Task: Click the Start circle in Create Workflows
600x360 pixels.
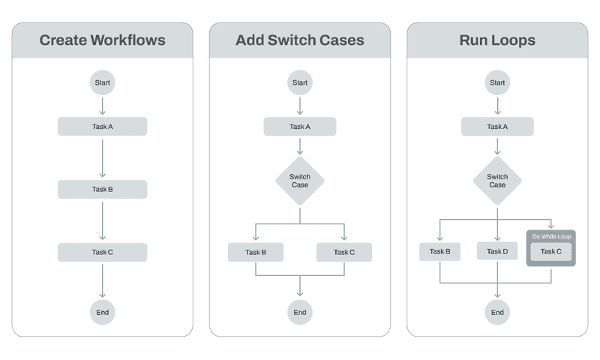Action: (x=102, y=82)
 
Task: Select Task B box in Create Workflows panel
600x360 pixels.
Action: (x=102, y=190)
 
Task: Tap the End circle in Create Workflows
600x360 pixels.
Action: (x=102, y=312)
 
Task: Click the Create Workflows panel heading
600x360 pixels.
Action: (x=102, y=40)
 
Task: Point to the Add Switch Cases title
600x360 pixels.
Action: (x=299, y=40)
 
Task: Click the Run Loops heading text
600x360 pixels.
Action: (x=497, y=40)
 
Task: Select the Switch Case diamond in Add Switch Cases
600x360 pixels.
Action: (x=299, y=181)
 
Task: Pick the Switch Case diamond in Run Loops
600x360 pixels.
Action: (x=497, y=181)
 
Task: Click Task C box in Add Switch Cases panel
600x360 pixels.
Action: (x=344, y=252)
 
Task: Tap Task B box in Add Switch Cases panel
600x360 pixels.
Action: (x=256, y=252)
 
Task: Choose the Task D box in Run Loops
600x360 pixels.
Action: (x=497, y=251)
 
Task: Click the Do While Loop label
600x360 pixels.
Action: (x=551, y=236)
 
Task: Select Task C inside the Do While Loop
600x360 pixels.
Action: (x=551, y=251)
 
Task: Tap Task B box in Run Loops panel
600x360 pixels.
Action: (x=439, y=251)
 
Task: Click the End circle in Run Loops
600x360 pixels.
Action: (x=497, y=312)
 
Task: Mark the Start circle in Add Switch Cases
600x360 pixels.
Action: (x=299, y=82)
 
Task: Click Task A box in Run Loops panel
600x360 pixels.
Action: (x=497, y=127)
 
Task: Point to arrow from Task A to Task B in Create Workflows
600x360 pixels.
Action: (x=102, y=157)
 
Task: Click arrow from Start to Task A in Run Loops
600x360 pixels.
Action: (x=497, y=105)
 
